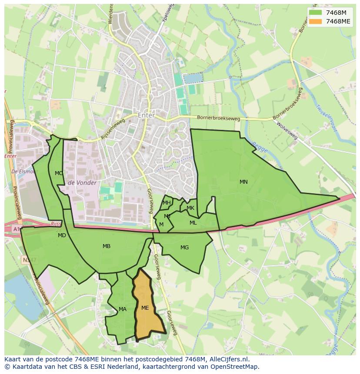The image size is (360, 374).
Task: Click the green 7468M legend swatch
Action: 316,13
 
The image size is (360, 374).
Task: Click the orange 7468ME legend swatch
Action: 316,21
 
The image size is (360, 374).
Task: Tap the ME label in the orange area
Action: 145,308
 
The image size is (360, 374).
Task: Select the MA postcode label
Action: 123,309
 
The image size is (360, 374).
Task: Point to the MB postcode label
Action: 107,246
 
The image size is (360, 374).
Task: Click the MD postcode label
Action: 62,235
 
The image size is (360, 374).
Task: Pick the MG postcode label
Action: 185,248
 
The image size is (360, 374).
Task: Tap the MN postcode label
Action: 243,182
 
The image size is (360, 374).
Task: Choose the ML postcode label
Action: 193,223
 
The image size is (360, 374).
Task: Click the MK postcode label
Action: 190,208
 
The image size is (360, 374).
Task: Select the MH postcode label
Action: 167,203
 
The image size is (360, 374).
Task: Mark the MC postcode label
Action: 59,173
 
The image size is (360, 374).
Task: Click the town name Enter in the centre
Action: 146,116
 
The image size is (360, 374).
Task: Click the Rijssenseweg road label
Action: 113,129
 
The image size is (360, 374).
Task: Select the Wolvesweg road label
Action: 287,131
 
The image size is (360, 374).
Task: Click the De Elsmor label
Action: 24,172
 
